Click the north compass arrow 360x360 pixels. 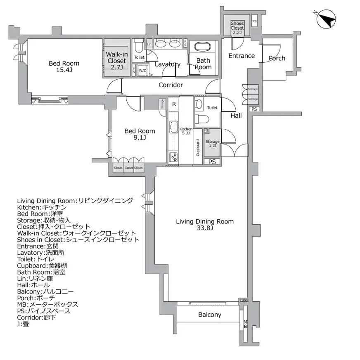326,19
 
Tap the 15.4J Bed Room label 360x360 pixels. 64,66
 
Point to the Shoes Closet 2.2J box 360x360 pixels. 237,28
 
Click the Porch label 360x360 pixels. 277,58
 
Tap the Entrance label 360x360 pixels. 242,56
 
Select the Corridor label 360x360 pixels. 171,85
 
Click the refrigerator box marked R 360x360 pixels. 174,104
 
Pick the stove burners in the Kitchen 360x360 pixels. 173,156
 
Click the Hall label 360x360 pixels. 236,116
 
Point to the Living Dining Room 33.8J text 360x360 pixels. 205,225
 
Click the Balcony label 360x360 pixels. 209,315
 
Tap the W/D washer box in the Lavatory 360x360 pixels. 142,71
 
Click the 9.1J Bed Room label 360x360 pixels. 140,134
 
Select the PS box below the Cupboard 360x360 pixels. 212,162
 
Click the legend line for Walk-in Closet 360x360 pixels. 76,233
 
